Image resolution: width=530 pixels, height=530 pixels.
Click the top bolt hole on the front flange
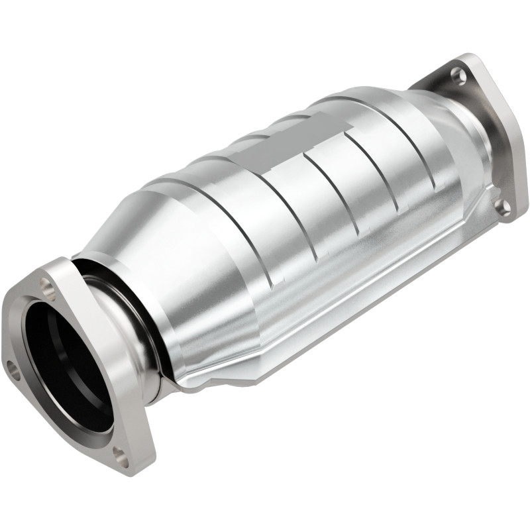coord(46,286)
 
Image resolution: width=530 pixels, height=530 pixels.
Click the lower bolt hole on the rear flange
coord(503,207)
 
